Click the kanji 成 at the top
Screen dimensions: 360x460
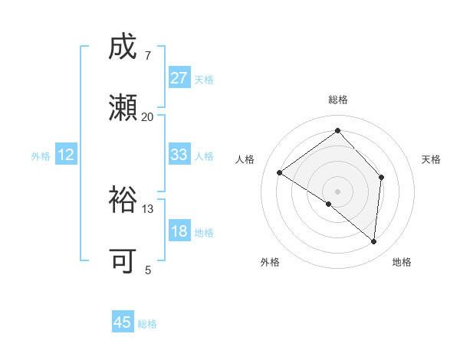(x=123, y=47)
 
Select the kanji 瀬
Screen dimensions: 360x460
(x=123, y=108)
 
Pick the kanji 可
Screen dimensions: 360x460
(x=123, y=261)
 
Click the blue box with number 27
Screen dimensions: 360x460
(x=179, y=78)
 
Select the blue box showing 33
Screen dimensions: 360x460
(x=179, y=155)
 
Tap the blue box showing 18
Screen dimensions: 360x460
(x=179, y=232)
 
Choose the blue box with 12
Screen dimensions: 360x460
(x=66, y=155)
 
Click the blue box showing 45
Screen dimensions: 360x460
(x=123, y=322)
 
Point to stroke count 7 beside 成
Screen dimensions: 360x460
(x=148, y=56)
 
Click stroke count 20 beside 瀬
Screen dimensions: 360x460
(x=147, y=117)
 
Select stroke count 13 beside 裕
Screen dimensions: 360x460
(x=147, y=209)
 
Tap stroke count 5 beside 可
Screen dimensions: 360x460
(x=148, y=270)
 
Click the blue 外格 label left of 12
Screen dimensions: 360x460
(x=41, y=156)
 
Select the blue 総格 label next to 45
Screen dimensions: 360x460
(x=147, y=324)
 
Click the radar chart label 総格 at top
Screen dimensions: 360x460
(x=337, y=100)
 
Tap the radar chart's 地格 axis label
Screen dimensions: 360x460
(x=402, y=263)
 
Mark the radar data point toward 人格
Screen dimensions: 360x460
(x=280, y=172)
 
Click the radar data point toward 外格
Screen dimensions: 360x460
(x=328, y=205)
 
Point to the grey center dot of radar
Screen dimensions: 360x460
(x=337, y=191)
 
